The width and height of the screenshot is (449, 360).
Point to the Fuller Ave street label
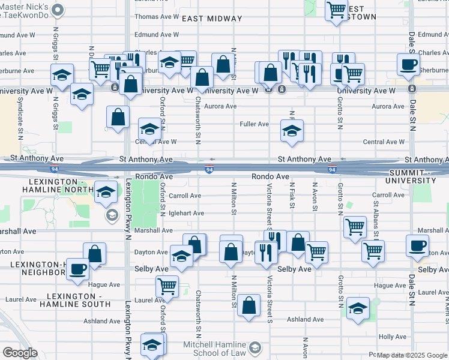(x=255, y=124)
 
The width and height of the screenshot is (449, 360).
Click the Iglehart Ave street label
(x=186, y=213)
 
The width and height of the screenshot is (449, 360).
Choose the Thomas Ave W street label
(x=157, y=17)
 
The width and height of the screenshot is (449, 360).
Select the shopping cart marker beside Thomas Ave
(x=336, y=10)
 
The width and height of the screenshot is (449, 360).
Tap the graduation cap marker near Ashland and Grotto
(x=358, y=308)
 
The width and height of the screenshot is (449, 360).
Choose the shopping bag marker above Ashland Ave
(x=249, y=305)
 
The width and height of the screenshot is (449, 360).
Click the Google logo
(x=20, y=352)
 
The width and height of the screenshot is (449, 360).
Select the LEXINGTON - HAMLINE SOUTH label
(x=75, y=301)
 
